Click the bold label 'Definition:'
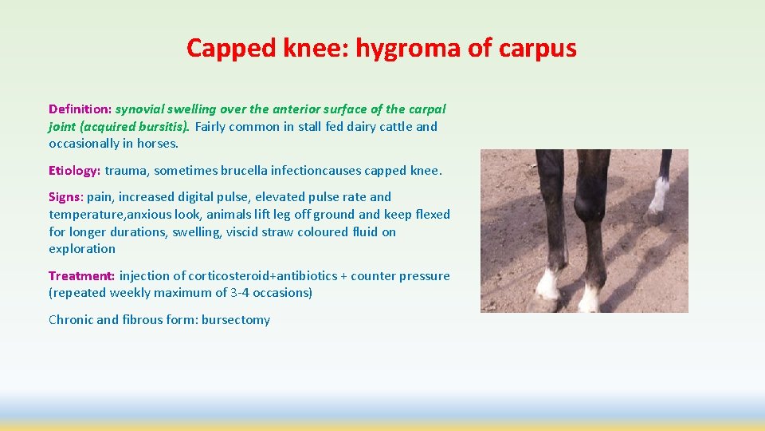[x=80, y=109]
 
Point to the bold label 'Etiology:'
[x=75, y=170]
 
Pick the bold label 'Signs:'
[x=66, y=196]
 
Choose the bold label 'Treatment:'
[x=82, y=275]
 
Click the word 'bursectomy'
[x=236, y=319]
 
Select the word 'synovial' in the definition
[x=141, y=109]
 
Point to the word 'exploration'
[x=82, y=248]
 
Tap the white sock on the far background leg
[x=658, y=194]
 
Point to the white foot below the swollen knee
[x=590, y=297]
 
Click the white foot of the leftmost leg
[x=547, y=285]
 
